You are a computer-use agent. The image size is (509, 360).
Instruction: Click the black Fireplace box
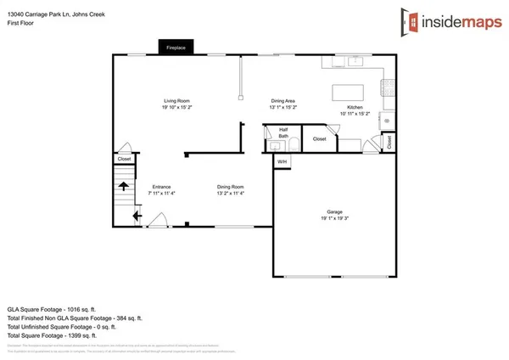[x=176, y=48]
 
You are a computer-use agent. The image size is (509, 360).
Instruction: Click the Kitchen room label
[x=355, y=107]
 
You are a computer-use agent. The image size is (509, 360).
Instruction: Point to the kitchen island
[x=348, y=90]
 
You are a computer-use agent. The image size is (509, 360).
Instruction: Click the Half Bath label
[x=283, y=132]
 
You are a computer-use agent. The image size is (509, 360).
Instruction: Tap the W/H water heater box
[x=282, y=161]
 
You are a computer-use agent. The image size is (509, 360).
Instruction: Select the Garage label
[x=335, y=211]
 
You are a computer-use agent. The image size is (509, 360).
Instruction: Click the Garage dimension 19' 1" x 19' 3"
[x=335, y=218]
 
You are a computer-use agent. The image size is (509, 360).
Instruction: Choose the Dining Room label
[x=231, y=186]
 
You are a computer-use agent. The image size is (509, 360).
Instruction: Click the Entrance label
[x=162, y=186]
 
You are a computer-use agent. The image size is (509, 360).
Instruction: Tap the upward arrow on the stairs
[x=123, y=185]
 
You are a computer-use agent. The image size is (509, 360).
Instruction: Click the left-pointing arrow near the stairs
[x=136, y=217]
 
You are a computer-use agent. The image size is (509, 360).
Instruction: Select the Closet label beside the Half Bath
[x=319, y=138]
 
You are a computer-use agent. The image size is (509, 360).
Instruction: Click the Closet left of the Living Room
[x=125, y=159]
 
